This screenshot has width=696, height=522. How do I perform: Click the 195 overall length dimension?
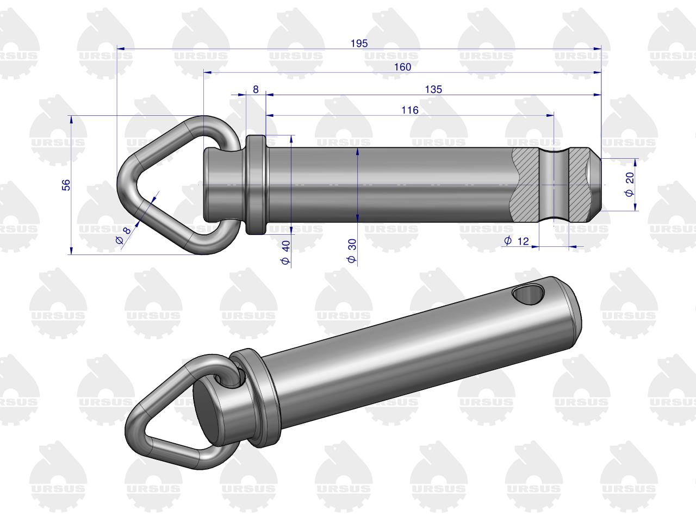[x=359, y=43]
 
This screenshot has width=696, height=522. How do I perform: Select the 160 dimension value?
[x=402, y=67]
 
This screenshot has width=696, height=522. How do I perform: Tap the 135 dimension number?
[x=433, y=89]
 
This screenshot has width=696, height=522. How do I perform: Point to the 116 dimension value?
[x=409, y=110]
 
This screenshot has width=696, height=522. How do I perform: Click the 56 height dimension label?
[x=66, y=185]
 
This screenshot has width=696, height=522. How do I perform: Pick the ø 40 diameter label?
[x=285, y=252]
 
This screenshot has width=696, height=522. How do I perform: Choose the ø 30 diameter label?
[x=352, y=251]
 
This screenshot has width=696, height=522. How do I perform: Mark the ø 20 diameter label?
[x=630, y=184]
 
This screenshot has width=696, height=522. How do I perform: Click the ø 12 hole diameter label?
[x=517, y=241]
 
